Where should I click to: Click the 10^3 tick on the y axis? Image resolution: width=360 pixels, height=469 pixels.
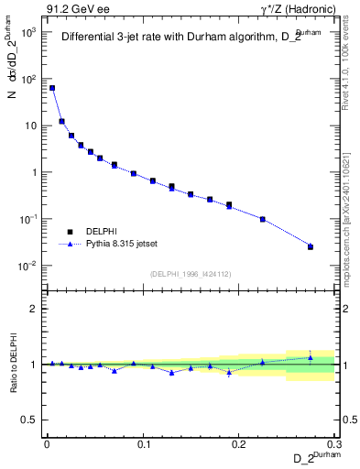[31, 32]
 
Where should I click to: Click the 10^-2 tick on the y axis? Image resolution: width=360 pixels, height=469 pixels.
[31, 267]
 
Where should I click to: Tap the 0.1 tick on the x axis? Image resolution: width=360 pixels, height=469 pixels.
[143, 444]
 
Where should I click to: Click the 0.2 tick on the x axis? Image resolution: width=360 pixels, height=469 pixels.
[239, 444]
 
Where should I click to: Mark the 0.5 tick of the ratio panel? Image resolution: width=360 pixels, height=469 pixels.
[33, 420]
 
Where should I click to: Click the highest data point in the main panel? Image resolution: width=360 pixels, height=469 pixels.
[52, 88]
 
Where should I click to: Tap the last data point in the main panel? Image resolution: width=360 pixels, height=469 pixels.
[311, 246]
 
